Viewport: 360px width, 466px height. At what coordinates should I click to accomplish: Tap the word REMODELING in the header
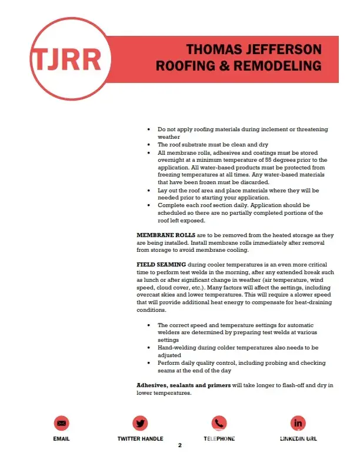275,65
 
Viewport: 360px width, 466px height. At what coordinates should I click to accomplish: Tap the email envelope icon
61,422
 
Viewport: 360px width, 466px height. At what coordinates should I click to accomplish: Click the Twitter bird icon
140,422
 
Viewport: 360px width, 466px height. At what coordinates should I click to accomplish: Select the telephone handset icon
219,422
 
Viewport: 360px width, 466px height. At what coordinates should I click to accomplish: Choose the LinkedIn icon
298,422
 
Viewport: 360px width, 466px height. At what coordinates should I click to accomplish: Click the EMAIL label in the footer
61,439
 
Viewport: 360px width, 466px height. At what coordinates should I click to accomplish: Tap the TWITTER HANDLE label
140,439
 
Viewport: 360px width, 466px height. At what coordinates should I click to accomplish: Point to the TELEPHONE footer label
219,439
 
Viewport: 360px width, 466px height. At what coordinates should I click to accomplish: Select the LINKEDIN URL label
298,439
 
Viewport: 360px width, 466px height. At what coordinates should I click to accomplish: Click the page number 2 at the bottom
180,445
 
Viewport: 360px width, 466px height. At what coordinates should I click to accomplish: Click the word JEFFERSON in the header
282,49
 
